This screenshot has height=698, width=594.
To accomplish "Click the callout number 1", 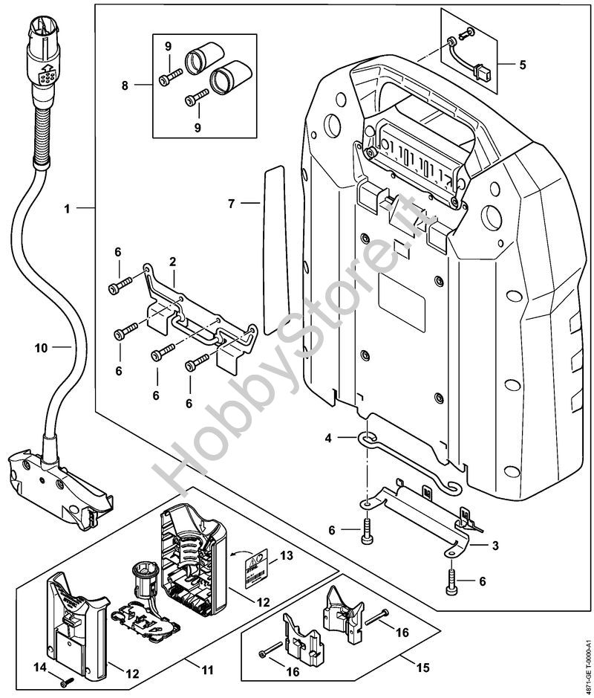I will (68, 210).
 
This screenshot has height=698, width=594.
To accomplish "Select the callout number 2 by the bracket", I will (172, 262).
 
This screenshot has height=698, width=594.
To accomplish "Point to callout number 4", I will (328, 439).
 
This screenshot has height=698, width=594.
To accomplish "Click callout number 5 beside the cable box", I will (523, 65).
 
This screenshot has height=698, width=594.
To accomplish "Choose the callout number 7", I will (232, 202).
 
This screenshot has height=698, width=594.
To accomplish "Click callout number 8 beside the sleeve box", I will (124, 85).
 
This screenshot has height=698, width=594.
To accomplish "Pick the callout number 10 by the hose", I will (40, 347).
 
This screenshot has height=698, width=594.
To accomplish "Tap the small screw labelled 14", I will (63, 679).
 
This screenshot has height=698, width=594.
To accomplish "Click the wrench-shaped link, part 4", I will (408, 462).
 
